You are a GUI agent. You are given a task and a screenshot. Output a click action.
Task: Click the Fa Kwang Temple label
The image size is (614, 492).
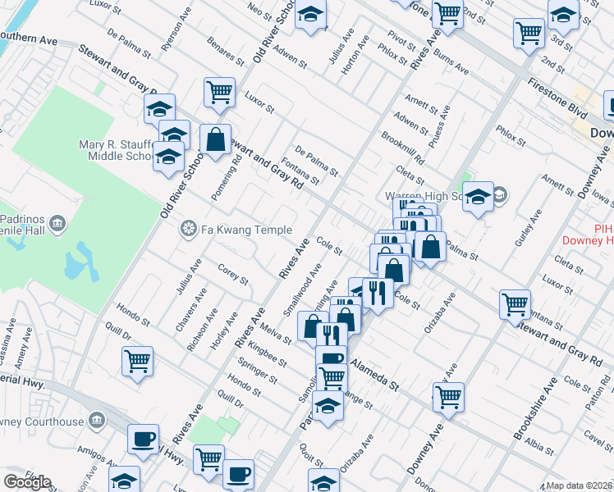[237, 228]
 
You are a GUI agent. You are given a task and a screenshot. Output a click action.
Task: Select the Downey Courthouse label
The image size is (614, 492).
[41, 421]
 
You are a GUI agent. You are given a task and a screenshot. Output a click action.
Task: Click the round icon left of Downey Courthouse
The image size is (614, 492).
[97, 421]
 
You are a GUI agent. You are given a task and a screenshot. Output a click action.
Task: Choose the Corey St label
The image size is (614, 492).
[232, 274]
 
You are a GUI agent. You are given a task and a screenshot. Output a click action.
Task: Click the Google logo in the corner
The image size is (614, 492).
[28, 482]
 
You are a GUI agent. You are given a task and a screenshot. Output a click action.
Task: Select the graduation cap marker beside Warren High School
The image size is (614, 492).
[478, 197]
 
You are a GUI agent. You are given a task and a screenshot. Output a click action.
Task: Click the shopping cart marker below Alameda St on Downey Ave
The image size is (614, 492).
[448, 397]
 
